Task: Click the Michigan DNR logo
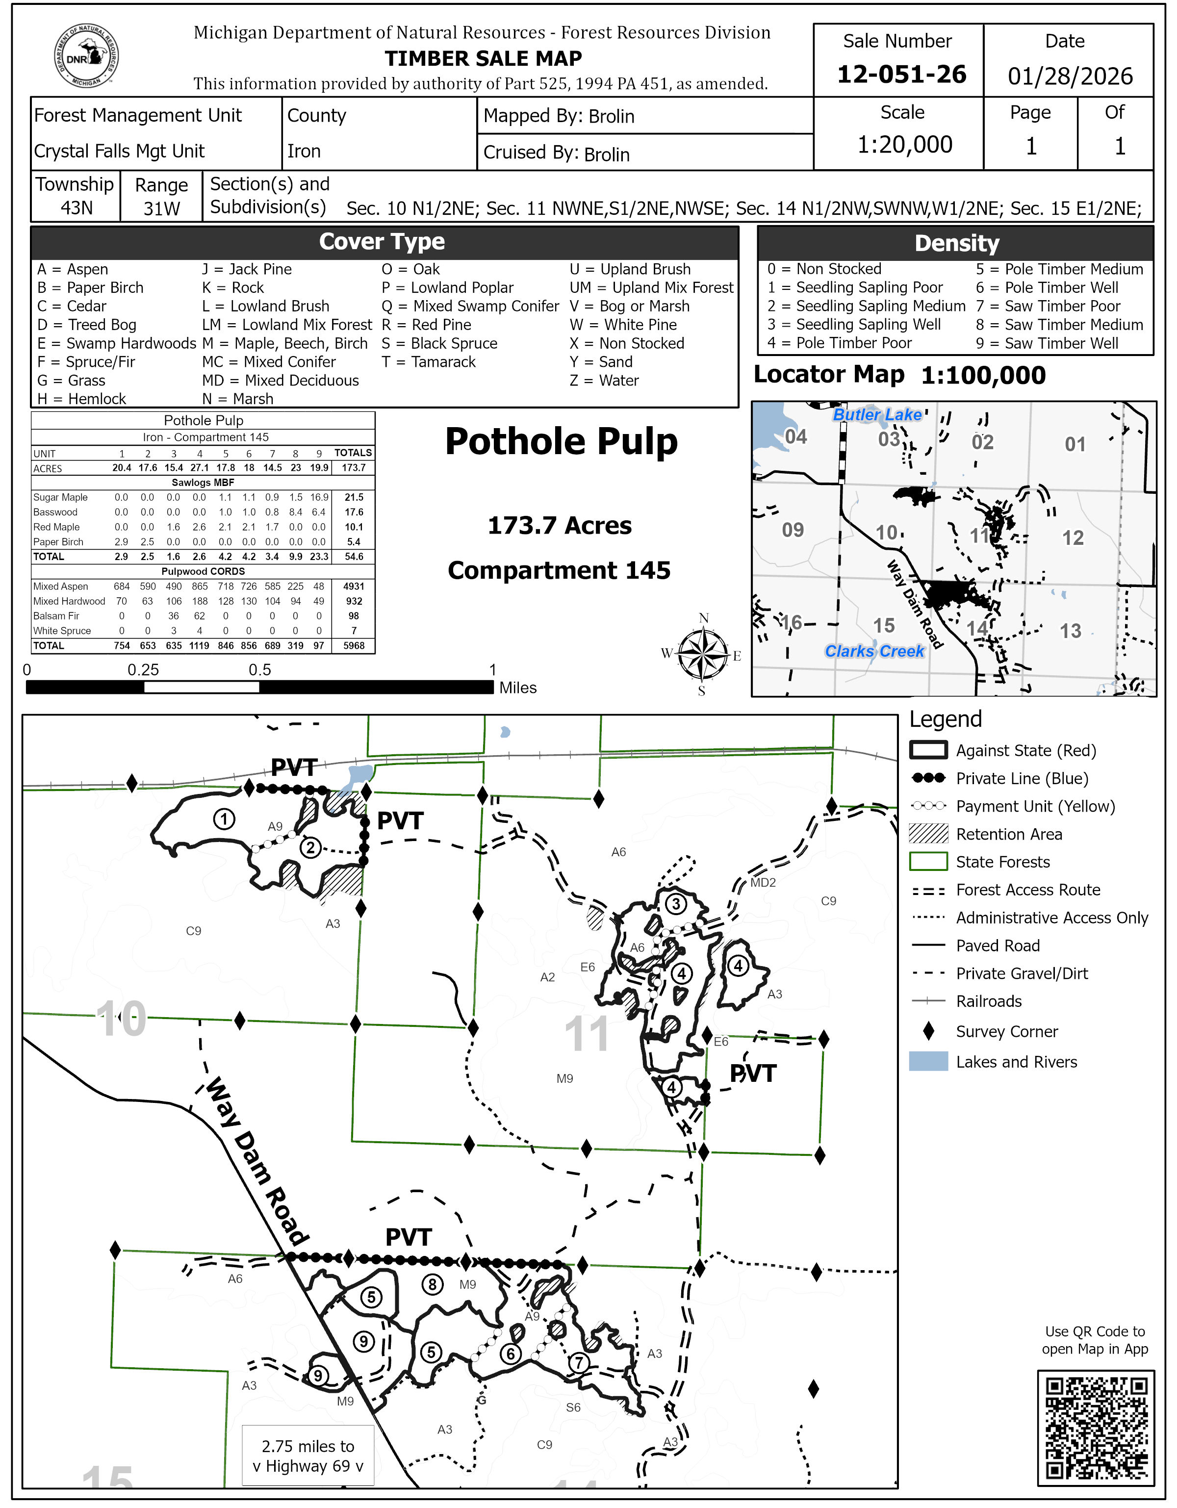tap(86, 56)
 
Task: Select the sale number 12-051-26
tap(901, 75)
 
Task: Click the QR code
tap(1096, 1428)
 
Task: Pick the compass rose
tap(702, 654)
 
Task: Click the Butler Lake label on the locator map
tap(877, 415)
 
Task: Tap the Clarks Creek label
tap(874, 651)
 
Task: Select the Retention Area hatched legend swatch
tap(928, 834)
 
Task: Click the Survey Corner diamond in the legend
tap(928, 1032)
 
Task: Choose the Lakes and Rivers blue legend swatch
tap(928, 1062)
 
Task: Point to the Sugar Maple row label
tap(61, 498)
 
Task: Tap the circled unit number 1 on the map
tap(224, 819)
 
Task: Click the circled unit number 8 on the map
tap(432, 1285)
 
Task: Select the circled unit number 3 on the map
tap(676, 904)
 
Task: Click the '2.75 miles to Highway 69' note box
tap(308, 1456)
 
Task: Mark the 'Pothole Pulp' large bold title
tap(561, 442)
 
